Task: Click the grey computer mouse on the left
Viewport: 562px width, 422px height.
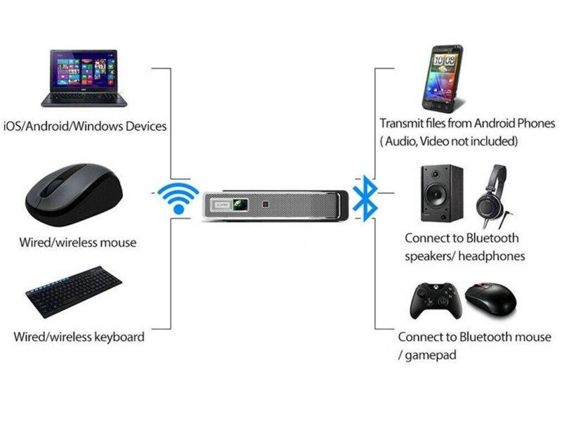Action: coord(74,196)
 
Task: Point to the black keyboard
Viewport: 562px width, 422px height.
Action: coord(74,292)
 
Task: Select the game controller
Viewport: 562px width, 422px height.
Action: coord(436,300)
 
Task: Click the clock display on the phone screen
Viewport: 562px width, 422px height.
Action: coord(443,60)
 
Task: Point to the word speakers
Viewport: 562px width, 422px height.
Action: coord(430,256)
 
